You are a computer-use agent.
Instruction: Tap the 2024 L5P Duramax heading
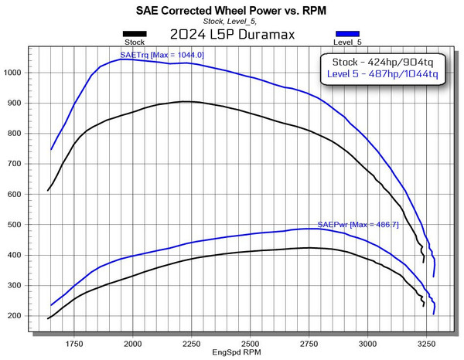pos(232,34)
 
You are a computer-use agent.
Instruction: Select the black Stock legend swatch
pos(135,33)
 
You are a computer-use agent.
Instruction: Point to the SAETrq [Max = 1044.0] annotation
pos(162,55)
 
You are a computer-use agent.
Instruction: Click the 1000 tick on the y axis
pos(14,73)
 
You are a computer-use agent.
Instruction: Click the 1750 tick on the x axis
pos(74,342)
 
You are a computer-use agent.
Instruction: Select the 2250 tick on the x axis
pos(192,342)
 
